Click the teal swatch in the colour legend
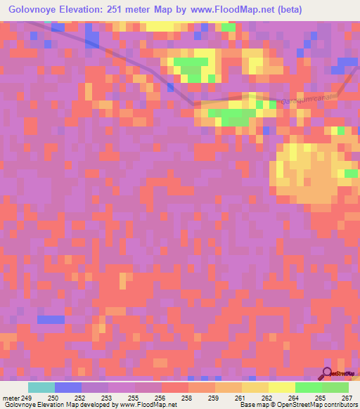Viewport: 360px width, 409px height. pos(41,387)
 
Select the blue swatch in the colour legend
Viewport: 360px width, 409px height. pos(68,387)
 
